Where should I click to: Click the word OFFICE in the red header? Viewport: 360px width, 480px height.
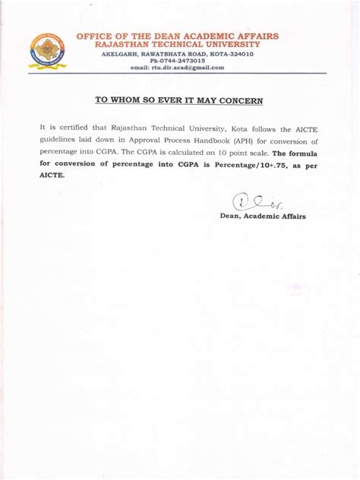(95, 36)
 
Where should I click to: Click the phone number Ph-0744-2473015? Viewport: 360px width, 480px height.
(178, 61)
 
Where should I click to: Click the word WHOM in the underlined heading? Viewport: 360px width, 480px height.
(132, 99)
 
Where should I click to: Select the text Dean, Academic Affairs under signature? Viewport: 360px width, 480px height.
(263, 216)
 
